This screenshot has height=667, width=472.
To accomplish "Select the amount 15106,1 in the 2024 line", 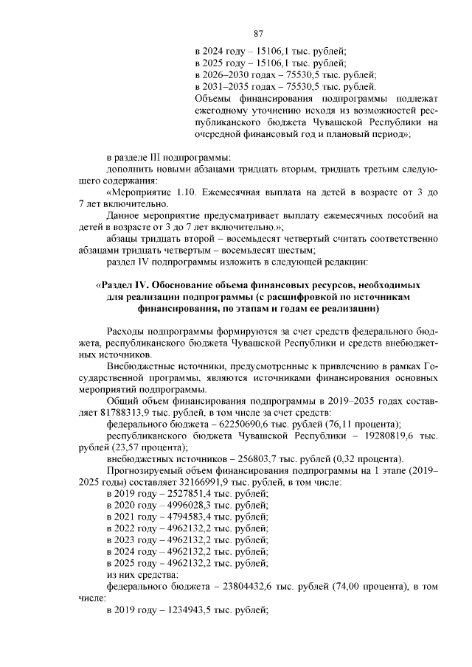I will [x=270, y=52].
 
